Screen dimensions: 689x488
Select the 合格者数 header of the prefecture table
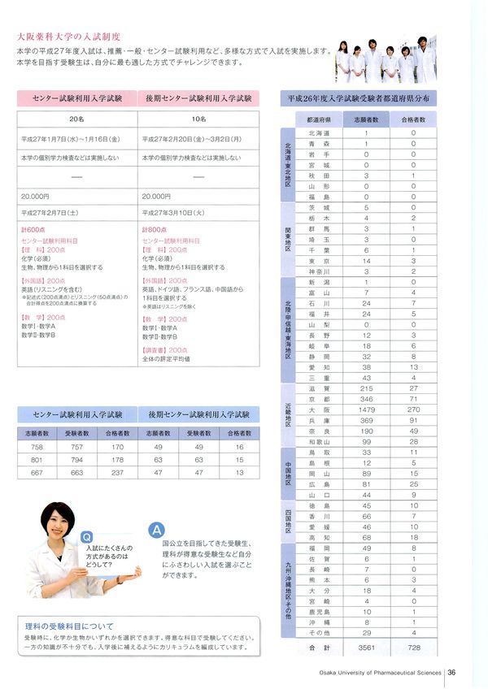pyautogui.click(x=414, y=118)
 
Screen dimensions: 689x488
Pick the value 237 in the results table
pyautogui.click(x=117, y=472)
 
